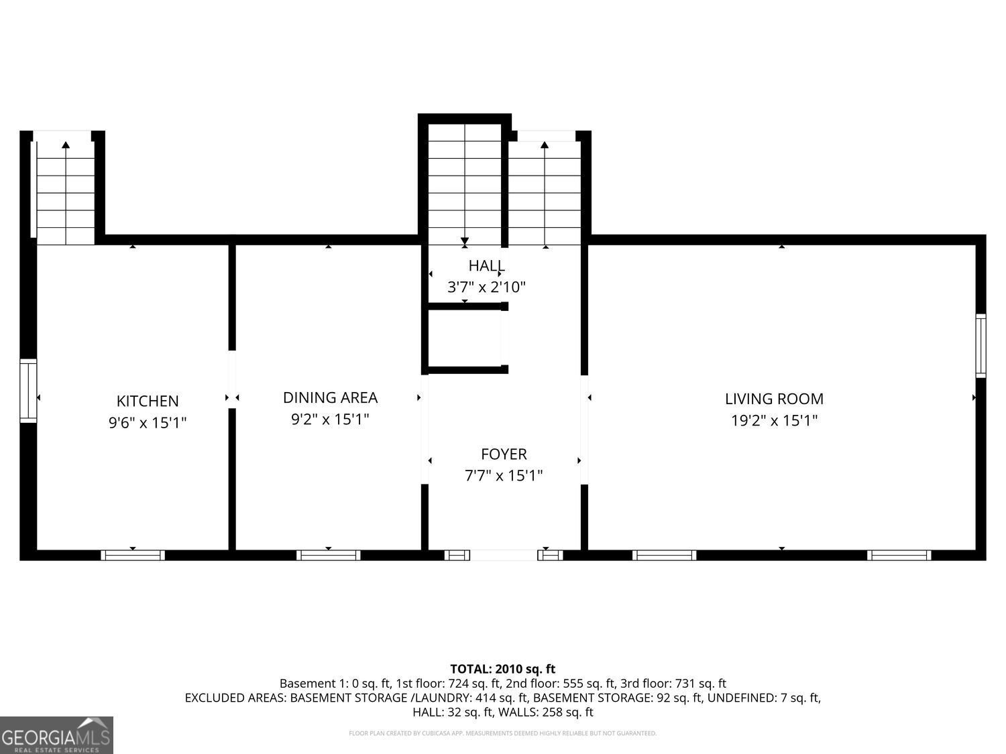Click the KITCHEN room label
click(148, 401)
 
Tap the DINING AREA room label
click(330, 397)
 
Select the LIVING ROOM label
click(774, 399)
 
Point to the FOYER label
click(504, 454)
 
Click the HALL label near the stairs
click(486, 265)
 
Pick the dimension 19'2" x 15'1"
click(774, 421)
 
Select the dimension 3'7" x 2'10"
click(486, 288)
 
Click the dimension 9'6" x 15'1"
click(148, 423)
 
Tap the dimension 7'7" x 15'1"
click(504, 476)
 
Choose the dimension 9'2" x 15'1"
click(330, 420)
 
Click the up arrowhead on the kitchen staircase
click(66, 145)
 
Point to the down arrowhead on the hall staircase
click(464, 241)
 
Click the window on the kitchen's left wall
click(27, 391)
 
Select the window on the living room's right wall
click(981, 346)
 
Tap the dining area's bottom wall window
click(329, 555)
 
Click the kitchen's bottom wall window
click(133, 555)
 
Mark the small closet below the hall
click(464, 338)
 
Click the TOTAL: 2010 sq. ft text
click(502, 669)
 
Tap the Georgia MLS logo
click(56, 735)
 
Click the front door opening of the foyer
click(504, 555)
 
